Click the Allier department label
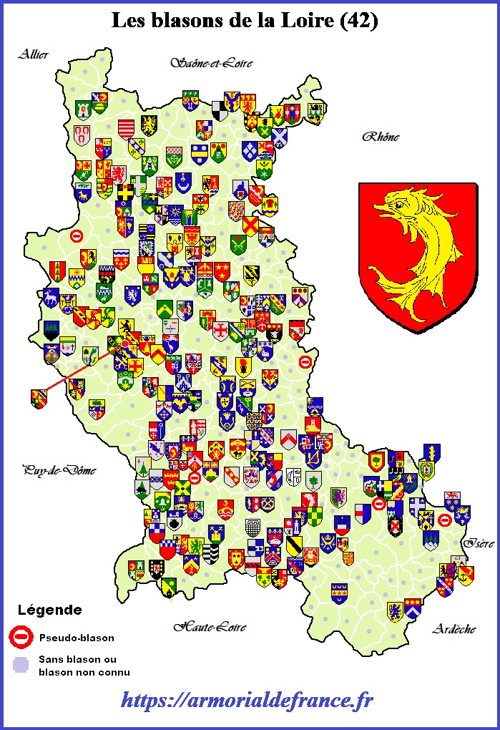(x=34, y=54)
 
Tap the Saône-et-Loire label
(x=212, y=63)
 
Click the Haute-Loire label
(x=210, y=627)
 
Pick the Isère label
(x=478, y=543)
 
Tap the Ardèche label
(x=454, y=629)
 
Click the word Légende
(x=49, y=610)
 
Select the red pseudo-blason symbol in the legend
(x=22, y=636)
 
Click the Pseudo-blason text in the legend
(x=77, y=637)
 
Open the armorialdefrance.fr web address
(x=247, y=699)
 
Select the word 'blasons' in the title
(x=181, y=21)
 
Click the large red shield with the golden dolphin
(x=418, y=256)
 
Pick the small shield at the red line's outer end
(x=39, y=399)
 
